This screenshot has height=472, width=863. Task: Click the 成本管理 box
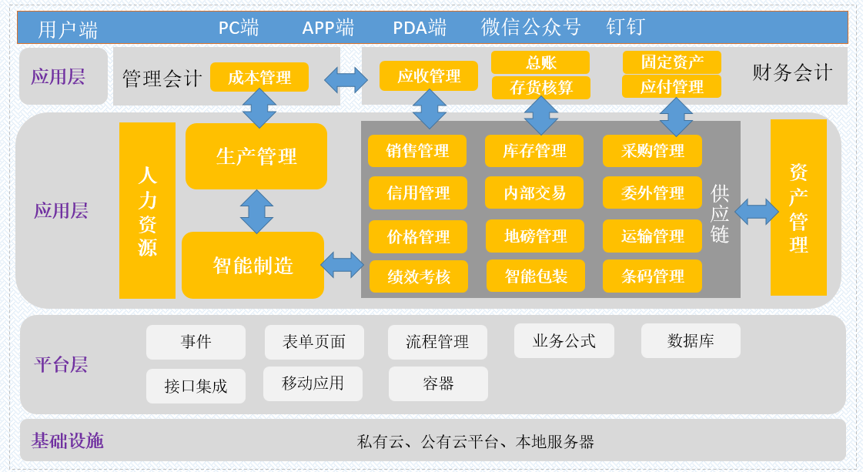[259, 77]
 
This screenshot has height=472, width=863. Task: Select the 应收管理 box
[428, 76]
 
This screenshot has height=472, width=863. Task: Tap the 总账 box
[540, 62]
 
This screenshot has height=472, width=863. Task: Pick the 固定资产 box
[671, 62]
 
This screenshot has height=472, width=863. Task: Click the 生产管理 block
[256, 156]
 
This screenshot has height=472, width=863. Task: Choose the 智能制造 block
[253, 265]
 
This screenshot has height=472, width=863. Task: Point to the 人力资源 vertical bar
[147, 210]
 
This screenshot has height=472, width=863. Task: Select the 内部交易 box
[534, 192]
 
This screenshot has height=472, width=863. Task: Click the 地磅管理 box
[535, 236]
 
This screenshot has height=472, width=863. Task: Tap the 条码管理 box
[652, 276]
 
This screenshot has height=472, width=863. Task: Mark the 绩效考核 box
[418, 276]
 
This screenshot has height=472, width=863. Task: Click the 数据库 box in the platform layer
[691, 340]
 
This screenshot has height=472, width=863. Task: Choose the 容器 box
[438, 383]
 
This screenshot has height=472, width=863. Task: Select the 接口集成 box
[196, 386]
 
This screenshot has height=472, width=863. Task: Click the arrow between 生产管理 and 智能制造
[256, 211]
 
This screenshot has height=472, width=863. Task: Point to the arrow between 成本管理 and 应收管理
[346, 80]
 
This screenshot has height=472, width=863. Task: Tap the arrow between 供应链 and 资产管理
[756, 212]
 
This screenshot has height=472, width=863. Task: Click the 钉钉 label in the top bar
[625, 27]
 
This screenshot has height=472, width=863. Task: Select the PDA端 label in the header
[420, 28]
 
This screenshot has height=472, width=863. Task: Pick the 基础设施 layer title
[67, 440]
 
